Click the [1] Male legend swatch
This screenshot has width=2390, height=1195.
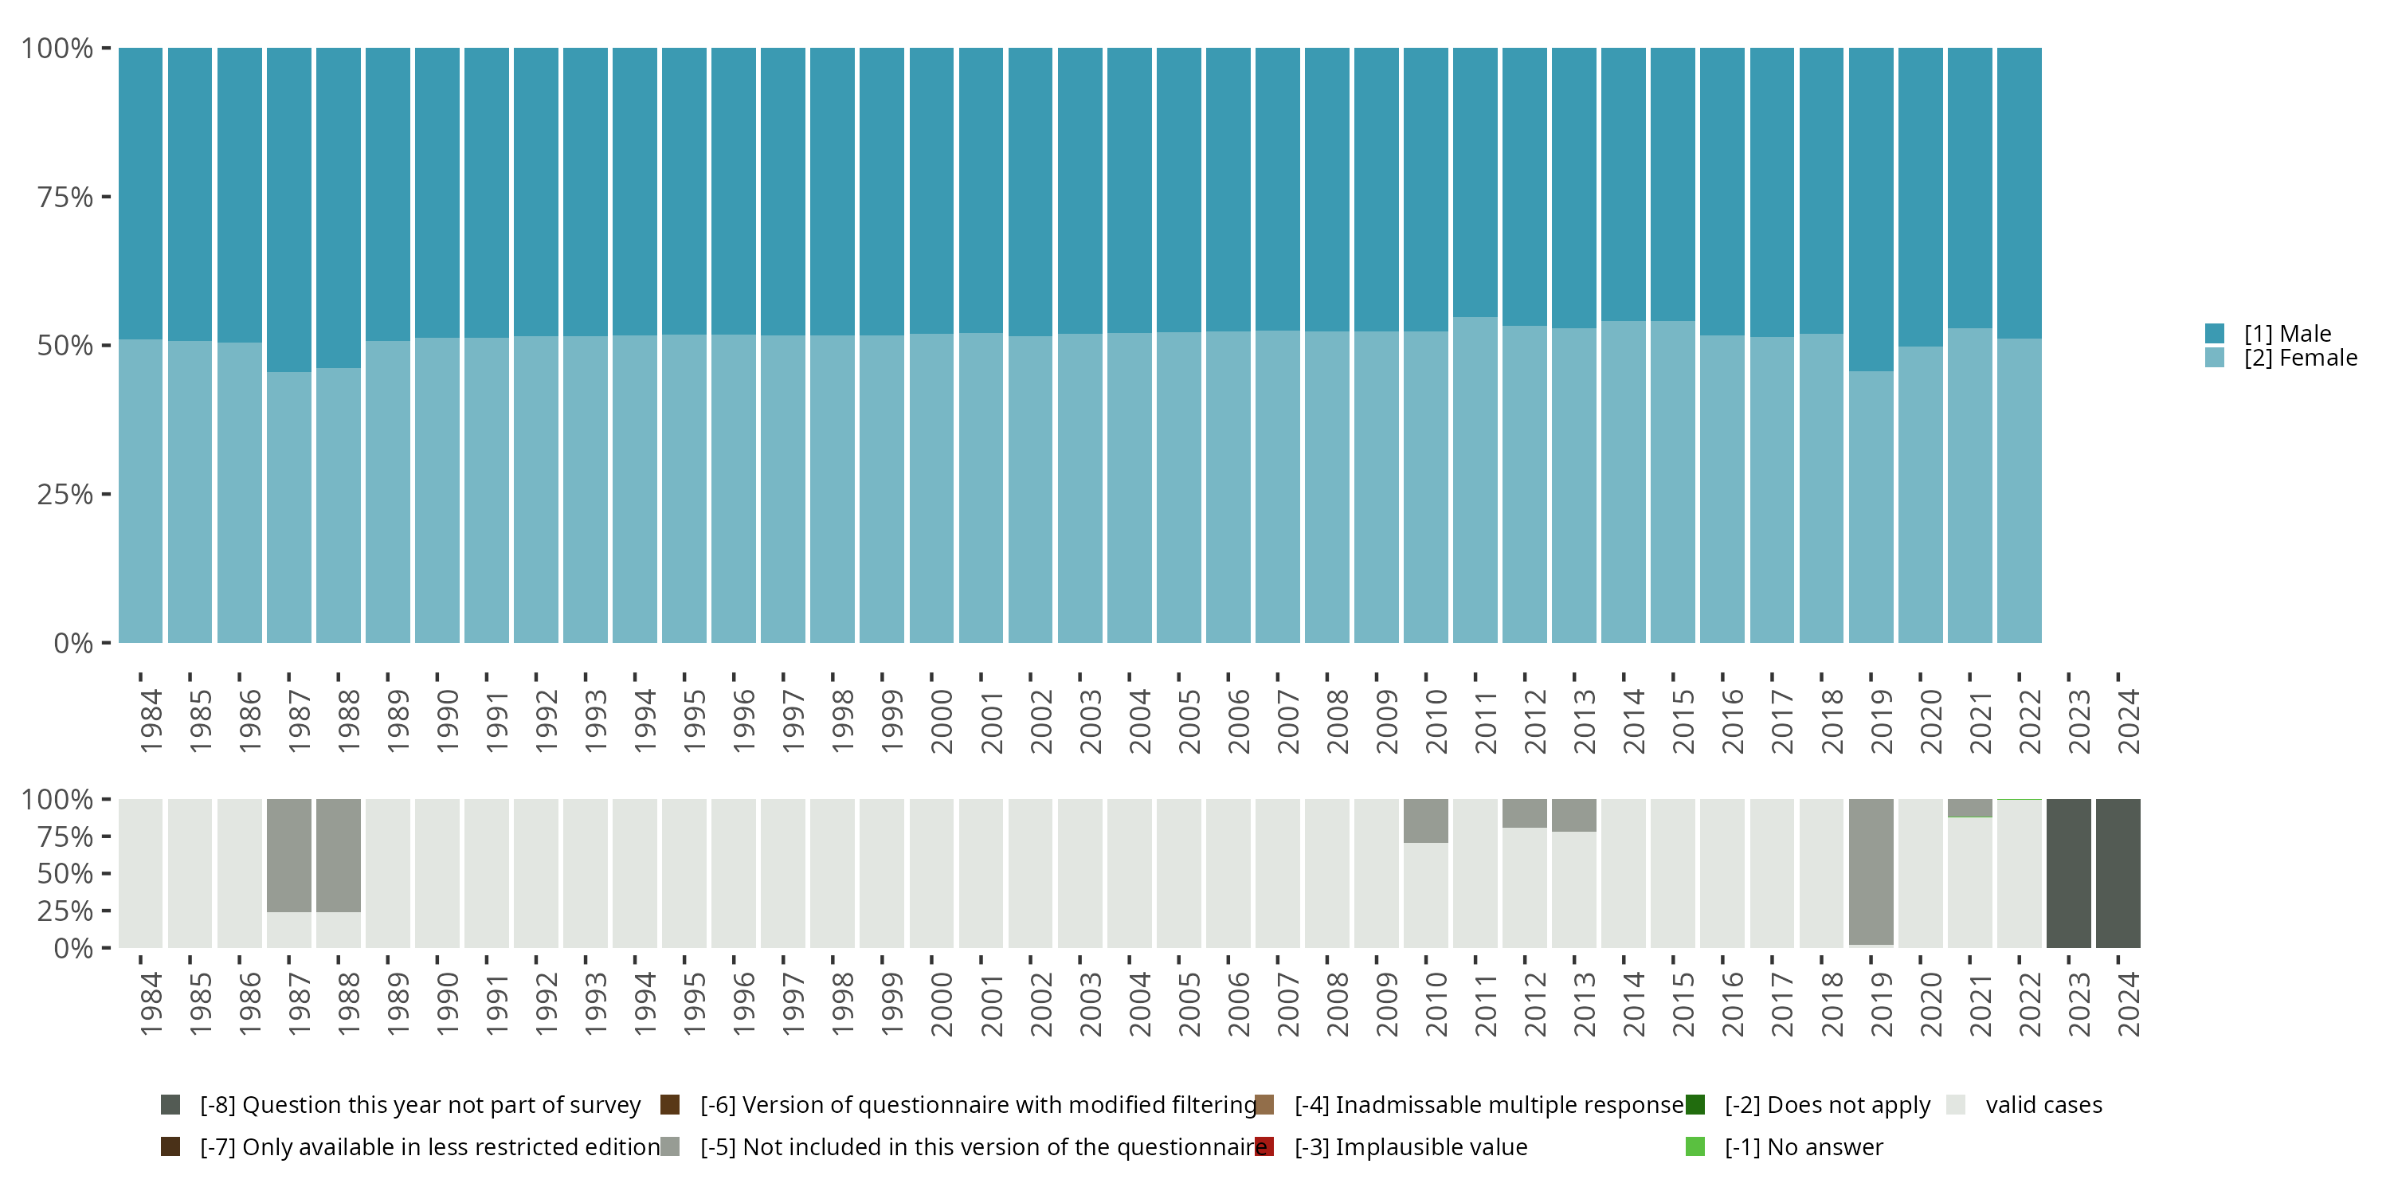pyautogui.click(x=2214, y=333)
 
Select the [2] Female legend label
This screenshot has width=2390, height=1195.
pyautogui.click(x=2300, y=358)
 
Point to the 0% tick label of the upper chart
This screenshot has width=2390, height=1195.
pyautogui.click(x=73, y=643)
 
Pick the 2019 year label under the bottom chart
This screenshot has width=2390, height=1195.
pyautogui.click(x=1881, y=1004)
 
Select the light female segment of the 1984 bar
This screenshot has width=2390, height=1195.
pyautogui.click(x=141, y=491)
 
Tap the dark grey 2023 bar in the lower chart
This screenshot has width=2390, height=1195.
pyautogui.click(x=2068, y=873)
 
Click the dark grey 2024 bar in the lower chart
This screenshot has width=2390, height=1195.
pyautogui.click(x=2118, y=873)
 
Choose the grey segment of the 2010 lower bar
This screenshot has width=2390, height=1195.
pyautogui.click(x=1425, y=821)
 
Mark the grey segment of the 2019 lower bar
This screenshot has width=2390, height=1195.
pyautogui.click(x=1871, y=872)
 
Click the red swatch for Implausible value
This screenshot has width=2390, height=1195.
pyautogui.click(x=1264, y=1146)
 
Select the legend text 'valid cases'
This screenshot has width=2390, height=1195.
pyautogui.click(x=2043, y=1105)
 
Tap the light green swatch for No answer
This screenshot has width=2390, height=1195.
pyautogui.click(x=1695, y=1146)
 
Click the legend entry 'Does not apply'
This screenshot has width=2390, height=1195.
pyautogui.click(x=1826, y=1105)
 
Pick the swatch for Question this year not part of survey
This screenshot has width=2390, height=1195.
pyautogui.click(x=170, y=1105)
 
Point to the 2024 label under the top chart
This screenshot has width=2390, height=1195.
pyautogui.click(x=2127, y=721)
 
